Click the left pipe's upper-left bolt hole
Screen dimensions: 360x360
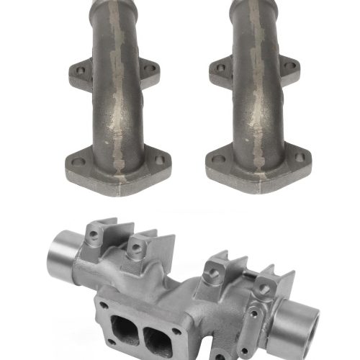(x=81, y=71)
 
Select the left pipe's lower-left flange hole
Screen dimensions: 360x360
(x=78, y=161)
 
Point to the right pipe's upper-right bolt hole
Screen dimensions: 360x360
(x=290, y=66)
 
